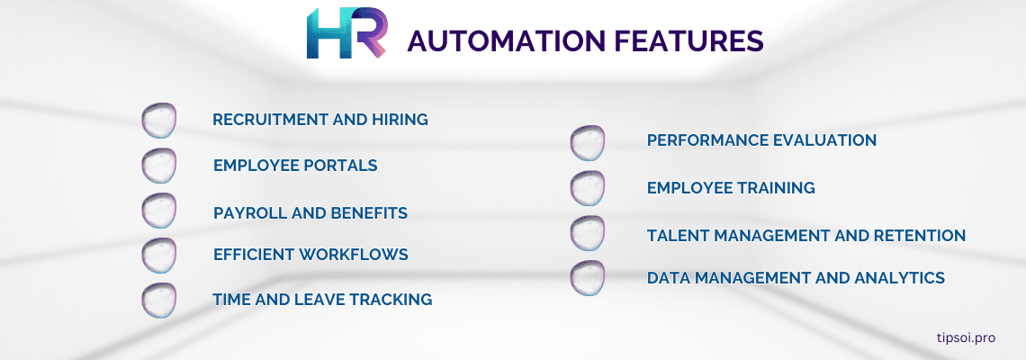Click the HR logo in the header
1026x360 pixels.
346,33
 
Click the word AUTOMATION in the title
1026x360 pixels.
508,41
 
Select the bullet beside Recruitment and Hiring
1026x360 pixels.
159,121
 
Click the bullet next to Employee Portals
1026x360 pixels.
159,166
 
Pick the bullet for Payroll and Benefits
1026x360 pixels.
159,211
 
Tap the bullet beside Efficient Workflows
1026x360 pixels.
159,256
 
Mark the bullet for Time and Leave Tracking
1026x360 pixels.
159,301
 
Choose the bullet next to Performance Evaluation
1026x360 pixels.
587,143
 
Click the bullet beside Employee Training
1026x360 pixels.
587,188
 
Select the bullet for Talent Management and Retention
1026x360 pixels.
587,233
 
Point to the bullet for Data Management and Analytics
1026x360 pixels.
587,278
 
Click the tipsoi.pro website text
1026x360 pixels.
966,337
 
